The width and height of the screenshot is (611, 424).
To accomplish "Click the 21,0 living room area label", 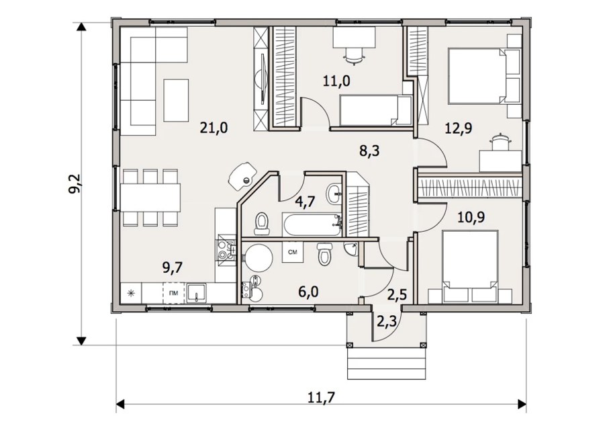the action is click(x=214, y=128).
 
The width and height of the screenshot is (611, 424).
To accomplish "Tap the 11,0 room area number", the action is click(x=336, y=81).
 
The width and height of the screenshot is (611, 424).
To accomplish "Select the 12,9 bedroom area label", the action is click(x=459, y=128).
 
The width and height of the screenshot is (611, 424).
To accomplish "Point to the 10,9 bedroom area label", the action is click(x=471, y=217).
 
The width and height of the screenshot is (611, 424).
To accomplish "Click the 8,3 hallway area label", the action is click(x=369, y=150).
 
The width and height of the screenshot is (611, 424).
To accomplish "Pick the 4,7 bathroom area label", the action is click(x=305, y=202).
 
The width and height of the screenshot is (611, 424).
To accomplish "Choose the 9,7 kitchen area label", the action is click(x=173, y=268).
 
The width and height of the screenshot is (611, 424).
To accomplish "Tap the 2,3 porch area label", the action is click(x=386, y=322).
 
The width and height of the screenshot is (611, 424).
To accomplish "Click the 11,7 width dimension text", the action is click(x=321, y=398).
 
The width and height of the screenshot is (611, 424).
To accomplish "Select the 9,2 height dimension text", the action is click(x=76, y=183).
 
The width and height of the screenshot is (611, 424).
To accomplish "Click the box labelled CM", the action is click(x=293, y=253).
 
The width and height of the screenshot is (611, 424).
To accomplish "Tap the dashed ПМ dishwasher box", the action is click(x=174, y=292).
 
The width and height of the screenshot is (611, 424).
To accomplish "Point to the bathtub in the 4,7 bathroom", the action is click(x=311, y=225).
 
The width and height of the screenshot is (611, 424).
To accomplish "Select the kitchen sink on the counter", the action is click(x=197, y=292).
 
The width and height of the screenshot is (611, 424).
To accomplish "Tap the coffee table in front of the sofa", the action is click(x=176, y=100).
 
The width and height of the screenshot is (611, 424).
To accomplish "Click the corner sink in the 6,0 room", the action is click(x=352, y=249).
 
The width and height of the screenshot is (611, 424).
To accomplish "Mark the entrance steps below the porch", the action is click(x=386, y=363).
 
